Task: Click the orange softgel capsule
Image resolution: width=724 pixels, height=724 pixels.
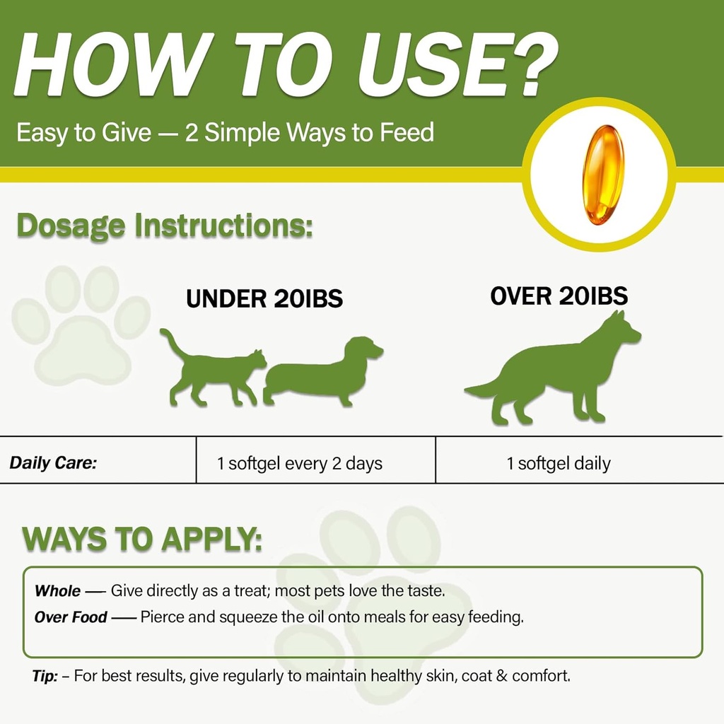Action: (603, 175)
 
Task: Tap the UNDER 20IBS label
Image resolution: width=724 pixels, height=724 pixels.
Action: (264, 298)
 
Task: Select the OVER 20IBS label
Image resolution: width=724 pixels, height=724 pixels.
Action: (559, 296)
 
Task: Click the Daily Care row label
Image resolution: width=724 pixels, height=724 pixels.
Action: (53, 464)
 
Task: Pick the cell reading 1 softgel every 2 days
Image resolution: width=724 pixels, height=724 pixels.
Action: (300, 464)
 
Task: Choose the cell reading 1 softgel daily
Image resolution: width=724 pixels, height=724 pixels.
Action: (559, 464)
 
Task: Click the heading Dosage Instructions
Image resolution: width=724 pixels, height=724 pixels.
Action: (164, 226)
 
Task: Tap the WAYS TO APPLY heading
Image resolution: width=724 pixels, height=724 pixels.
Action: (142, 539)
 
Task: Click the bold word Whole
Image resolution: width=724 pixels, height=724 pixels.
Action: (57, 591)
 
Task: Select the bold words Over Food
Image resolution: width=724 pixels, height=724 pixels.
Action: (71, 617)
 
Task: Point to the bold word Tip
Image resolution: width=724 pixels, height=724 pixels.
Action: (44, 676)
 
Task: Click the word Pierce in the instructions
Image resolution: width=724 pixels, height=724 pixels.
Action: (162, 617)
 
